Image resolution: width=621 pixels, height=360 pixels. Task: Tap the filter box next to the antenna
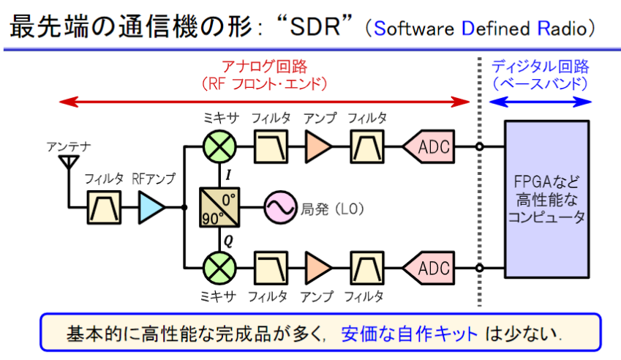click(103, 208)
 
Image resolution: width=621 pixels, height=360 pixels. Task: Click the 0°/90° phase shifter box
click(218, 207)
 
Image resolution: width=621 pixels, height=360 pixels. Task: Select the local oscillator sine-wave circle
click(279, 208)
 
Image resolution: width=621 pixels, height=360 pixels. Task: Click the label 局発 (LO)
click(332, 208)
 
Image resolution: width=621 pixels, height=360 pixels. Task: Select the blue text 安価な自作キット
click(409, 334)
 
